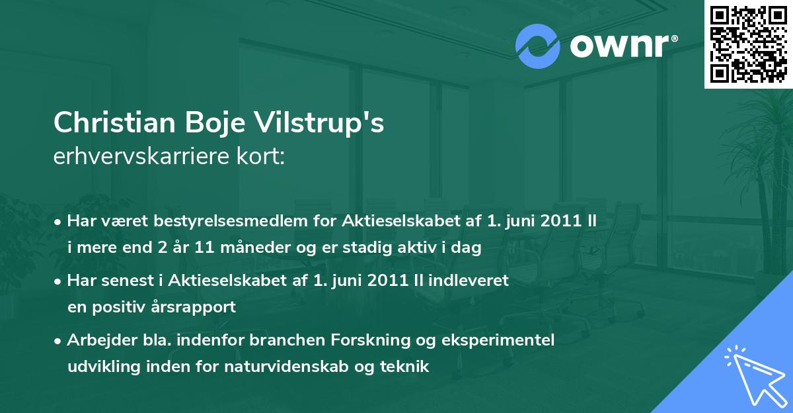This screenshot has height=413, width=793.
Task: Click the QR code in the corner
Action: tap(748, 44)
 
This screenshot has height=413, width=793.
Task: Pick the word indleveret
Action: tap(469, 281)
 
